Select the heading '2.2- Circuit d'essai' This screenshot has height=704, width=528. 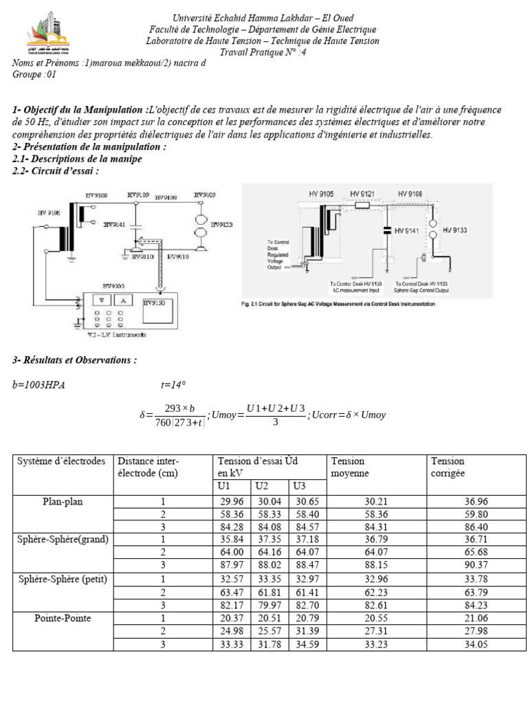coord(56,170)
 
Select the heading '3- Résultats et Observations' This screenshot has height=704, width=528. coord(75,360)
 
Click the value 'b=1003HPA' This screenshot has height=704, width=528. coord(39,385)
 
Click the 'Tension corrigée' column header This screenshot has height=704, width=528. coord(448,467)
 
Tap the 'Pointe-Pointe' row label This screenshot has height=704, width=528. coord(63,618)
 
